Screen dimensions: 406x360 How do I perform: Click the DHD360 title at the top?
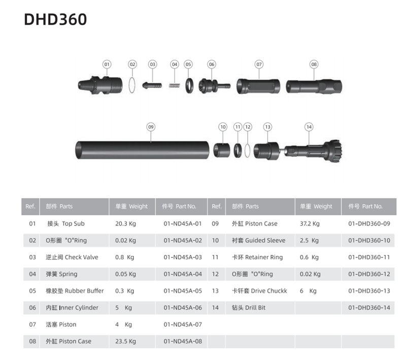(55, 19)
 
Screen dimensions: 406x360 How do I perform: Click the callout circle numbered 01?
(107, 64)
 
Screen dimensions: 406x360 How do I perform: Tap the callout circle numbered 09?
(151, 127)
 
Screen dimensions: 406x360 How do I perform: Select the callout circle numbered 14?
(309, 127)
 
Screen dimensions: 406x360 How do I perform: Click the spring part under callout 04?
(175, 85)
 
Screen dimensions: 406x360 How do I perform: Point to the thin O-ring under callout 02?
(132, 85)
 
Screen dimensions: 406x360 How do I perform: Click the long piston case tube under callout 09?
(142, 150)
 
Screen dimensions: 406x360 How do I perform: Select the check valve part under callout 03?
(152, 85)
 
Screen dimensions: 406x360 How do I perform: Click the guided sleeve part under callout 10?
(222, 150)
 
